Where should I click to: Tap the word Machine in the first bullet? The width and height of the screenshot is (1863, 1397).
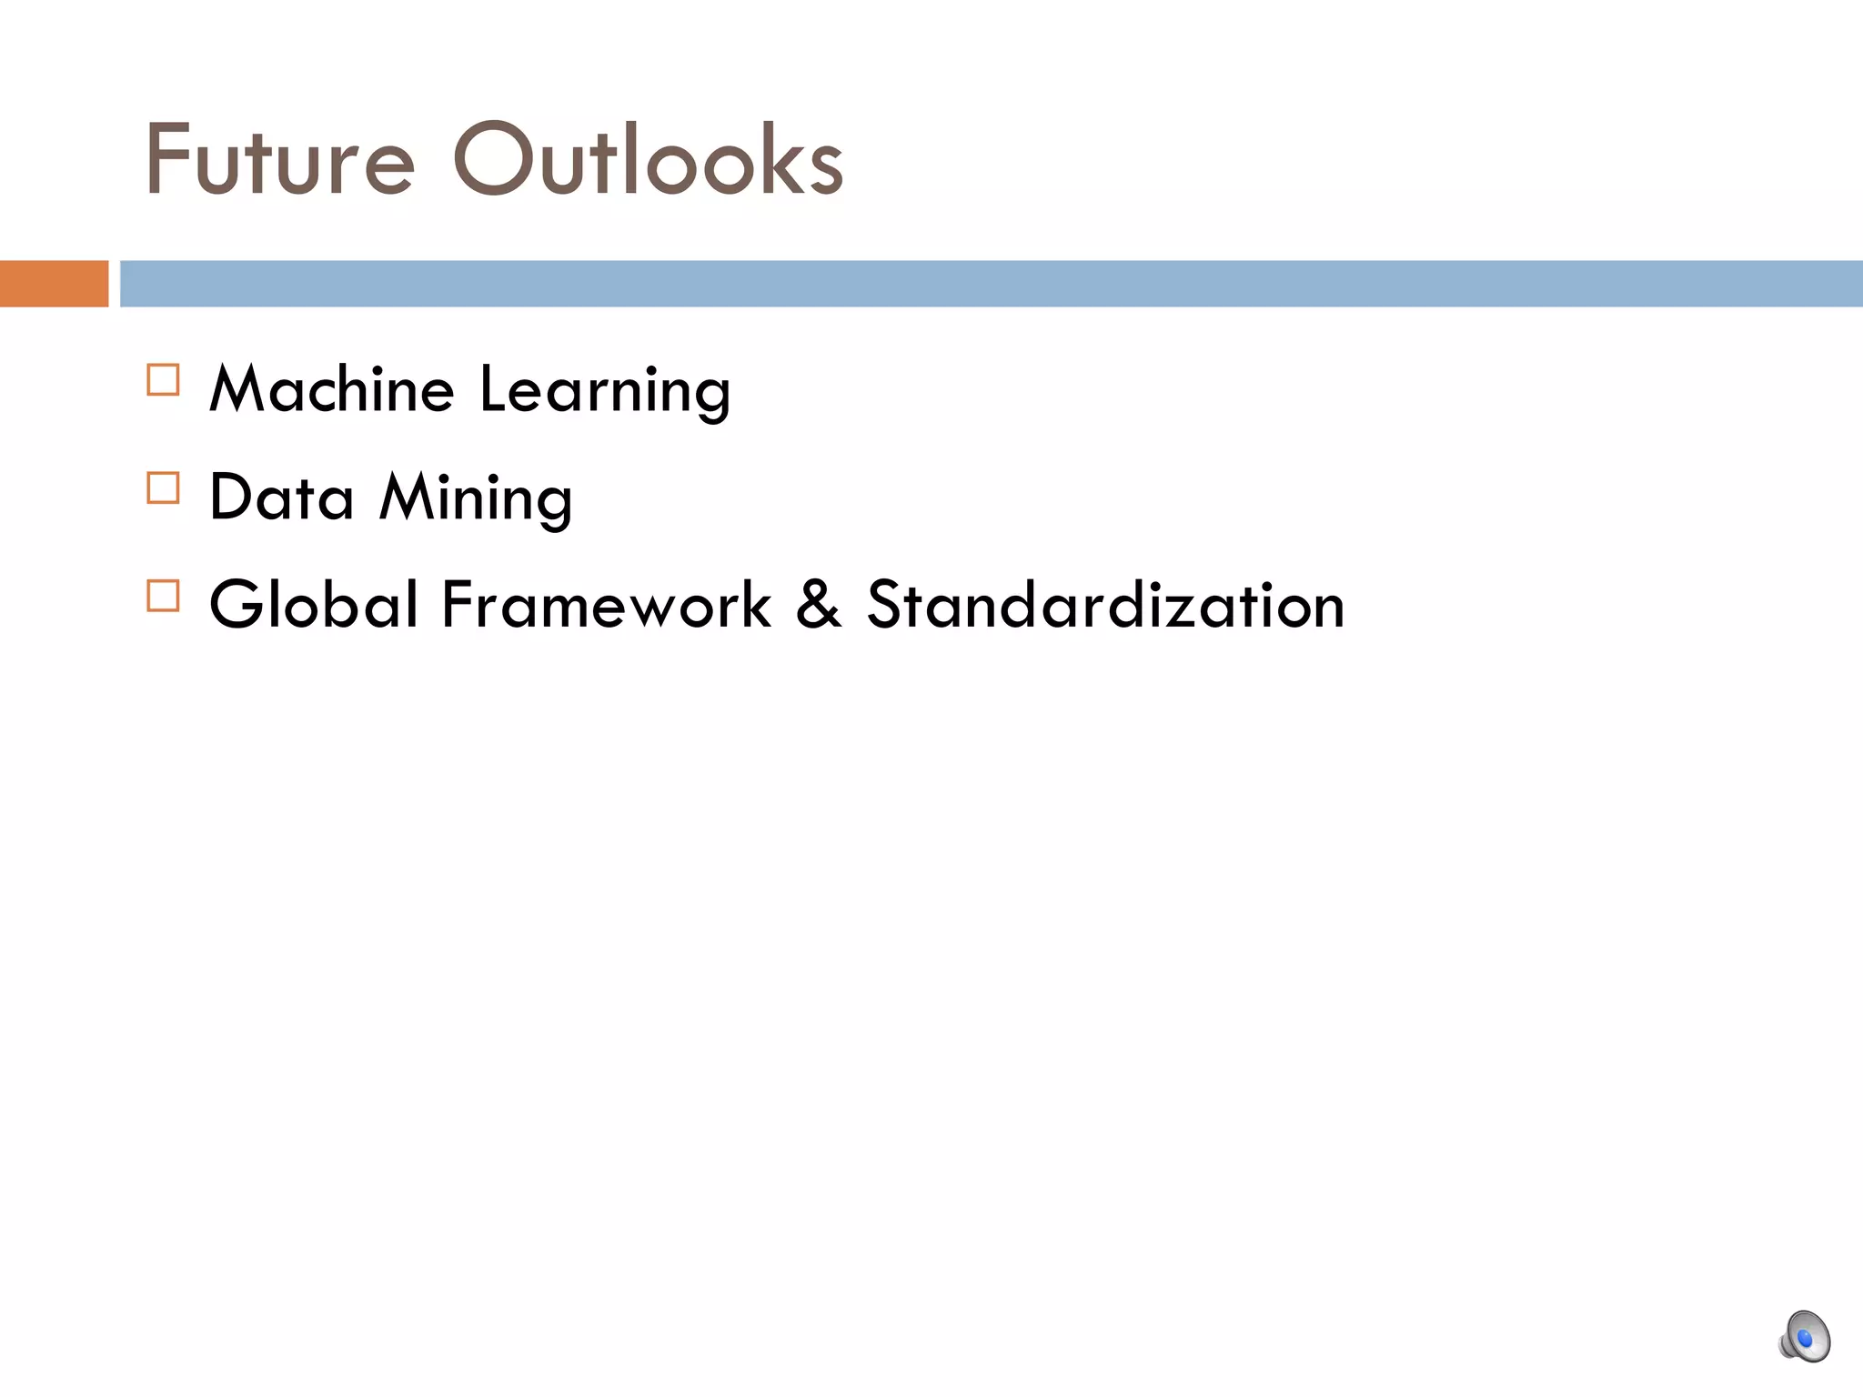332,389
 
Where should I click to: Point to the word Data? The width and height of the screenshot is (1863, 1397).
282,497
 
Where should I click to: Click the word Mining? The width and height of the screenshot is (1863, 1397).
477,499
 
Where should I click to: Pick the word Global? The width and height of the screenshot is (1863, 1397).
315,605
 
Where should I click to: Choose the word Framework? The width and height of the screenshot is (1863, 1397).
607,605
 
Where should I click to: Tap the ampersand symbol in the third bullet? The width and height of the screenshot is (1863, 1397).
819,605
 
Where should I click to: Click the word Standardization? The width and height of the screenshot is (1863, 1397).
1105,605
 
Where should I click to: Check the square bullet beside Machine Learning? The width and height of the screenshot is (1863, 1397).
164,379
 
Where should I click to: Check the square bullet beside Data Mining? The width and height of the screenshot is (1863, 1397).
164,487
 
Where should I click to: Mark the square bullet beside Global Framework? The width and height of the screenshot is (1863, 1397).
164,596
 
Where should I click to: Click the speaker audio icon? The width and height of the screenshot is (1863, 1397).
1804,1337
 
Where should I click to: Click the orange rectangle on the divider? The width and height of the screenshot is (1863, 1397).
54,284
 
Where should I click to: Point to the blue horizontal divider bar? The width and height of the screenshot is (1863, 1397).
992,284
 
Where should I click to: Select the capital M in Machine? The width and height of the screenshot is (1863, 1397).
238,389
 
